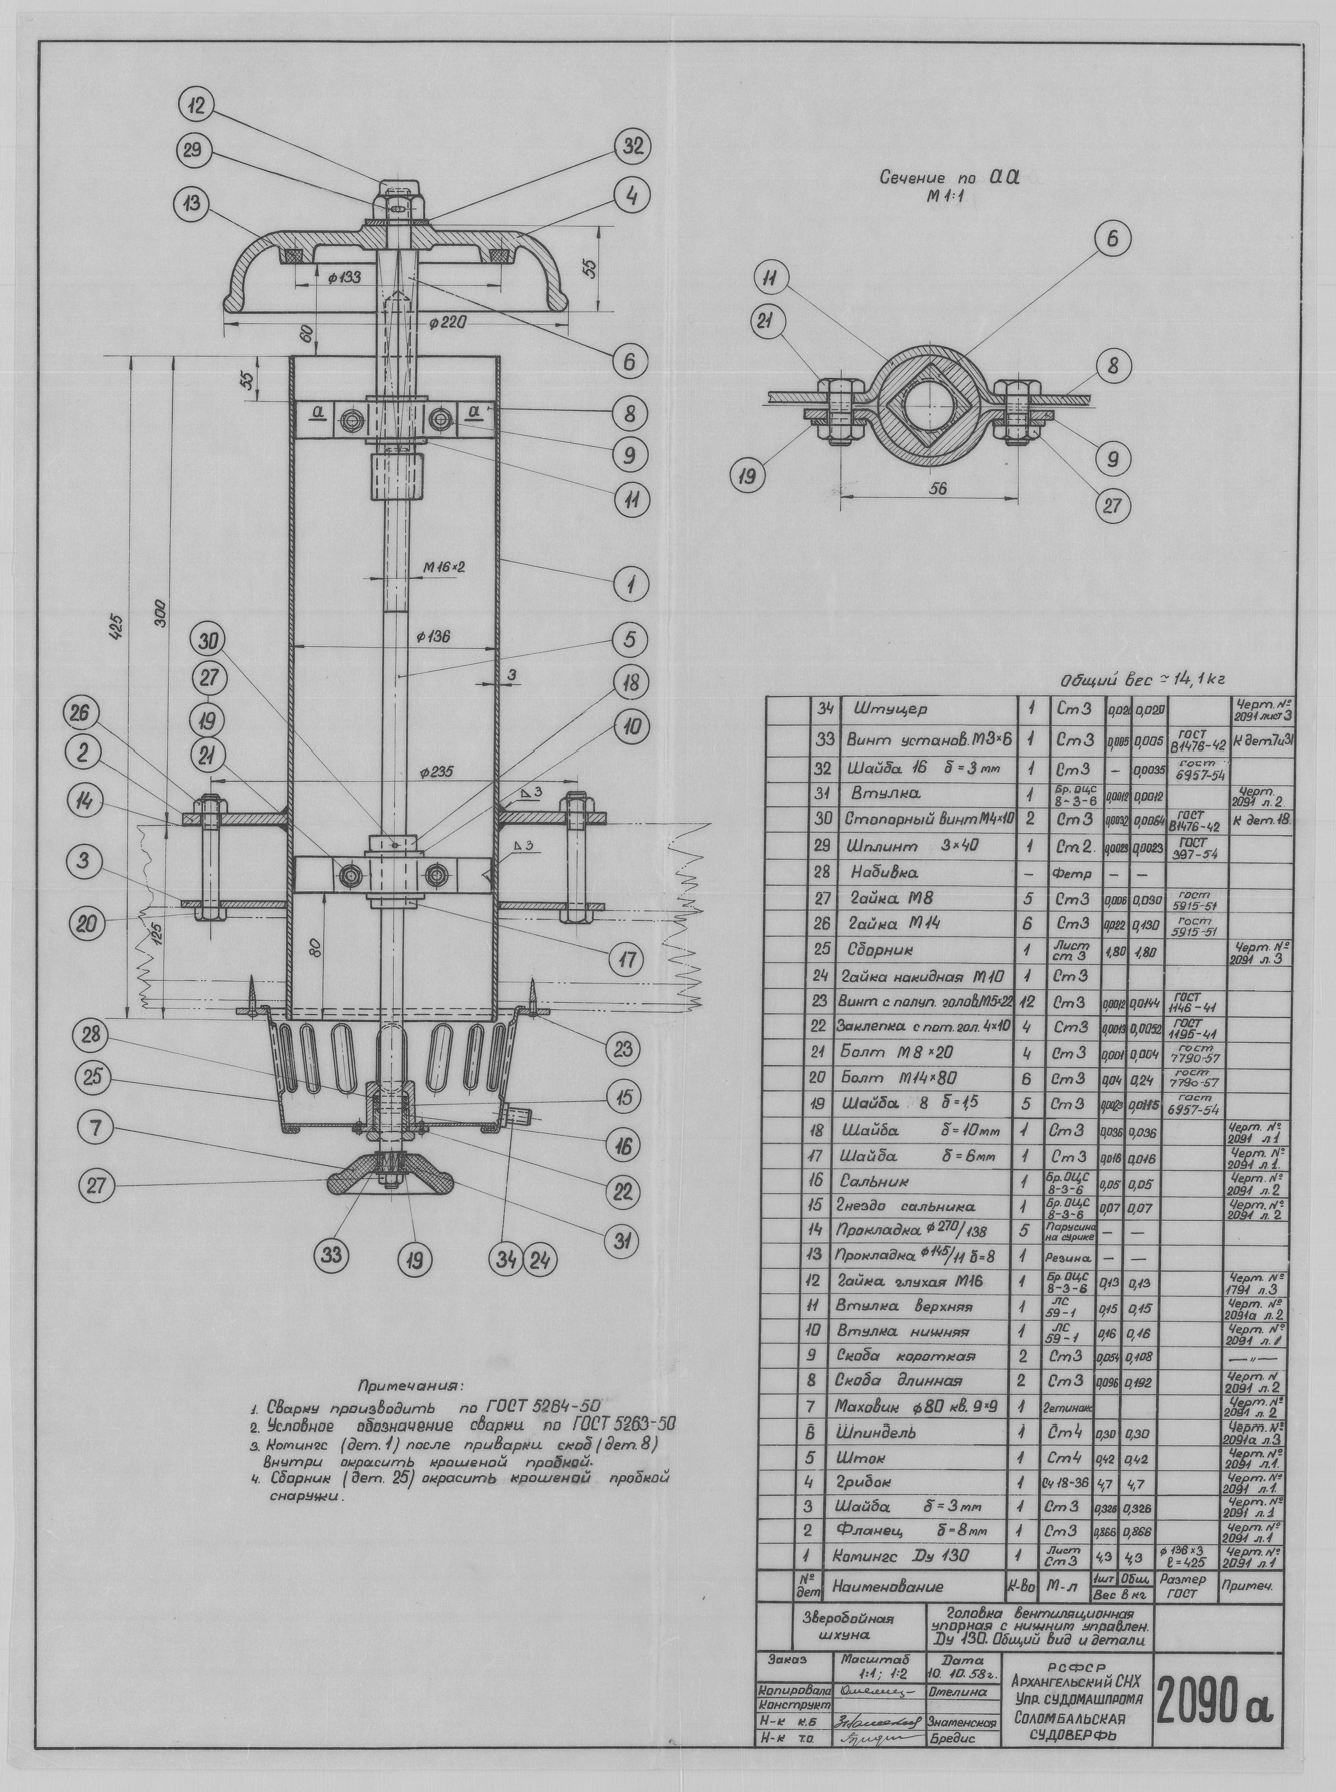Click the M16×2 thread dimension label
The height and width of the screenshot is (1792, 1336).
click(444, 568)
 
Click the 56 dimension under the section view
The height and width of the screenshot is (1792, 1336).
click(937, 488)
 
